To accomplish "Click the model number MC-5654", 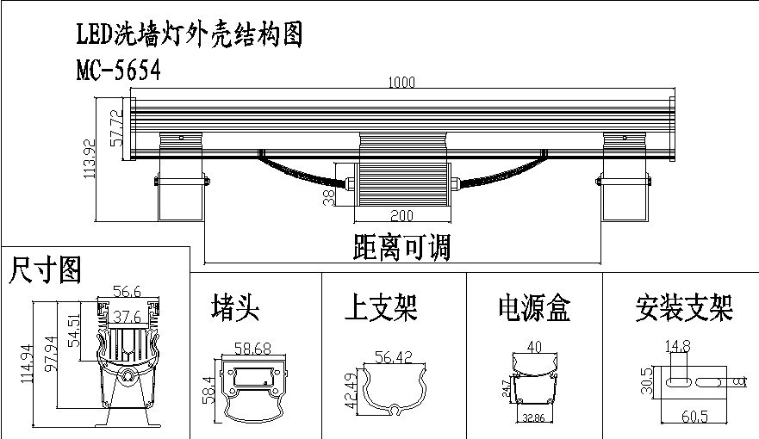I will pyautogui.click(x=118, y=71).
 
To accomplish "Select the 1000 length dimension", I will pyautogui.click(x=401, y=83).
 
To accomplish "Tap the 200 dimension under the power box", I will pyautogui.click(x=401, y=214).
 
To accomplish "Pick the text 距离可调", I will pyautogui.click(x=401, y=248).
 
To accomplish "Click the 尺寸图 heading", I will pyautogui.click(x=46, y=270).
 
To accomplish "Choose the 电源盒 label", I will pyautogui.click(x=534, y=306).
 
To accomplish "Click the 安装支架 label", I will pyautogui.click(x=683, y=306).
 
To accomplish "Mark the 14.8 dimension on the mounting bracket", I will pyautogui.click(x=677, y=348).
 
